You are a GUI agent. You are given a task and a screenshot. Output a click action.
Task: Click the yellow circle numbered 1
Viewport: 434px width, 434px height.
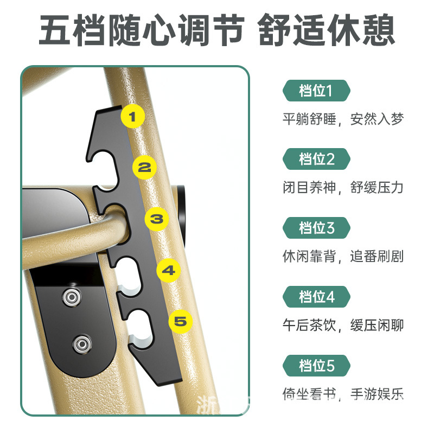click(132, 116)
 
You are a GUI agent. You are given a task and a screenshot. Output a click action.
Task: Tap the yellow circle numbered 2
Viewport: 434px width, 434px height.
click(144, 167)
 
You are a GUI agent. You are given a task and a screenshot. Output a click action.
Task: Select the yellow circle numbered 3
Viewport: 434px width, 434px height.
click(157, 219)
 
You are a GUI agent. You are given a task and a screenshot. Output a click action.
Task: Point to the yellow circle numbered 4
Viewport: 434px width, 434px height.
click(169, 270)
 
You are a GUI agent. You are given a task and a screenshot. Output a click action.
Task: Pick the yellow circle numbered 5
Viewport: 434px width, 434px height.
click(181, 321)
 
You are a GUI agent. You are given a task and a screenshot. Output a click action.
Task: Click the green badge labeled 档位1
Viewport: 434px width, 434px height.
click(316, 91)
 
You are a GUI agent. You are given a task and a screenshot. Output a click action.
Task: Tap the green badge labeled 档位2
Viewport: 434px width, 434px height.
click(316, 159)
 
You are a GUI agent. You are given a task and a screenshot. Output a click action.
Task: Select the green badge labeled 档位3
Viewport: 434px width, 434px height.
click(316, 228)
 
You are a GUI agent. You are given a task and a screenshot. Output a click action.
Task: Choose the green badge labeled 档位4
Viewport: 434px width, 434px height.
click(316, 297)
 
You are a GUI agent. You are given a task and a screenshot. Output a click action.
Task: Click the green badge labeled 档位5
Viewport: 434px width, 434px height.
click(316, 365)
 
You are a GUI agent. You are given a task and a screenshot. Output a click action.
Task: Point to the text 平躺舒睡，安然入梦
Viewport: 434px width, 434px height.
click(343, 119)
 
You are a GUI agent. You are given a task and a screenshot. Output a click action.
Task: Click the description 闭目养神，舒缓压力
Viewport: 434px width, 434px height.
click(343, 187)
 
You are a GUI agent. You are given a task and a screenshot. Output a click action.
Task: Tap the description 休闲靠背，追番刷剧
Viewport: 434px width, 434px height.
click(343, 256)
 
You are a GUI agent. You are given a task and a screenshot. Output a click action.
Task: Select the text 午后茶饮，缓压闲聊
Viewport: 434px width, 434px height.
click(343, 325)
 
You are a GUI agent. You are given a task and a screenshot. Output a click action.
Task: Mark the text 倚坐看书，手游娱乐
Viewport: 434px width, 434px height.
click(343, 394)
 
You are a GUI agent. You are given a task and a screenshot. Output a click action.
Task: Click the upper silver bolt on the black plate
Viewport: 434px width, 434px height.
click(72, 297)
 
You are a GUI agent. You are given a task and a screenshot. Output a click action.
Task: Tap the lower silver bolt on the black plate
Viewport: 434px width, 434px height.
click(82, 344)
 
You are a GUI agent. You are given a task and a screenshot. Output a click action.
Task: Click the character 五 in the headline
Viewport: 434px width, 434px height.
click(55, 30)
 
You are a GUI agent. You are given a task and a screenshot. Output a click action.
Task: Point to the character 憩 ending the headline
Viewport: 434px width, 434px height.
click(379, 30)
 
